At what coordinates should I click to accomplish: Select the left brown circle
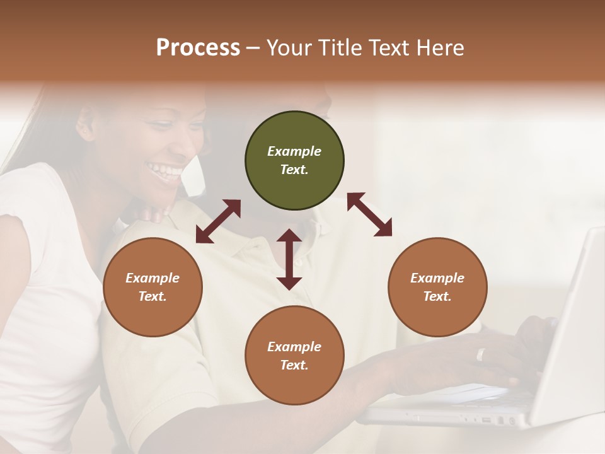pos(153,287)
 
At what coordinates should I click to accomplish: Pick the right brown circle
pos(437,287)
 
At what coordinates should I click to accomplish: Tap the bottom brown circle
pos(294,355)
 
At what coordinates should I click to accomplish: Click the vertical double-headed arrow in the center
pos(289,259)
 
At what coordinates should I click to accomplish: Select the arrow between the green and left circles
pos(218,221)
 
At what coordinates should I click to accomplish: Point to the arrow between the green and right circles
pos(370,214)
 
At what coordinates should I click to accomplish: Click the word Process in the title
pos(198,47)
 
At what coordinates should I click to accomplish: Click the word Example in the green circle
pos(294,151)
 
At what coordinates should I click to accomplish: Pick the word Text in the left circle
pos(153,296)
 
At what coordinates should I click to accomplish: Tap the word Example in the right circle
pos(437,278)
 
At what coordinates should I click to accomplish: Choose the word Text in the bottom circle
pos(294,365)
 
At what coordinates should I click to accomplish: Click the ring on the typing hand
pos(481,354)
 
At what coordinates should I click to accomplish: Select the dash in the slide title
pos(253,48)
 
